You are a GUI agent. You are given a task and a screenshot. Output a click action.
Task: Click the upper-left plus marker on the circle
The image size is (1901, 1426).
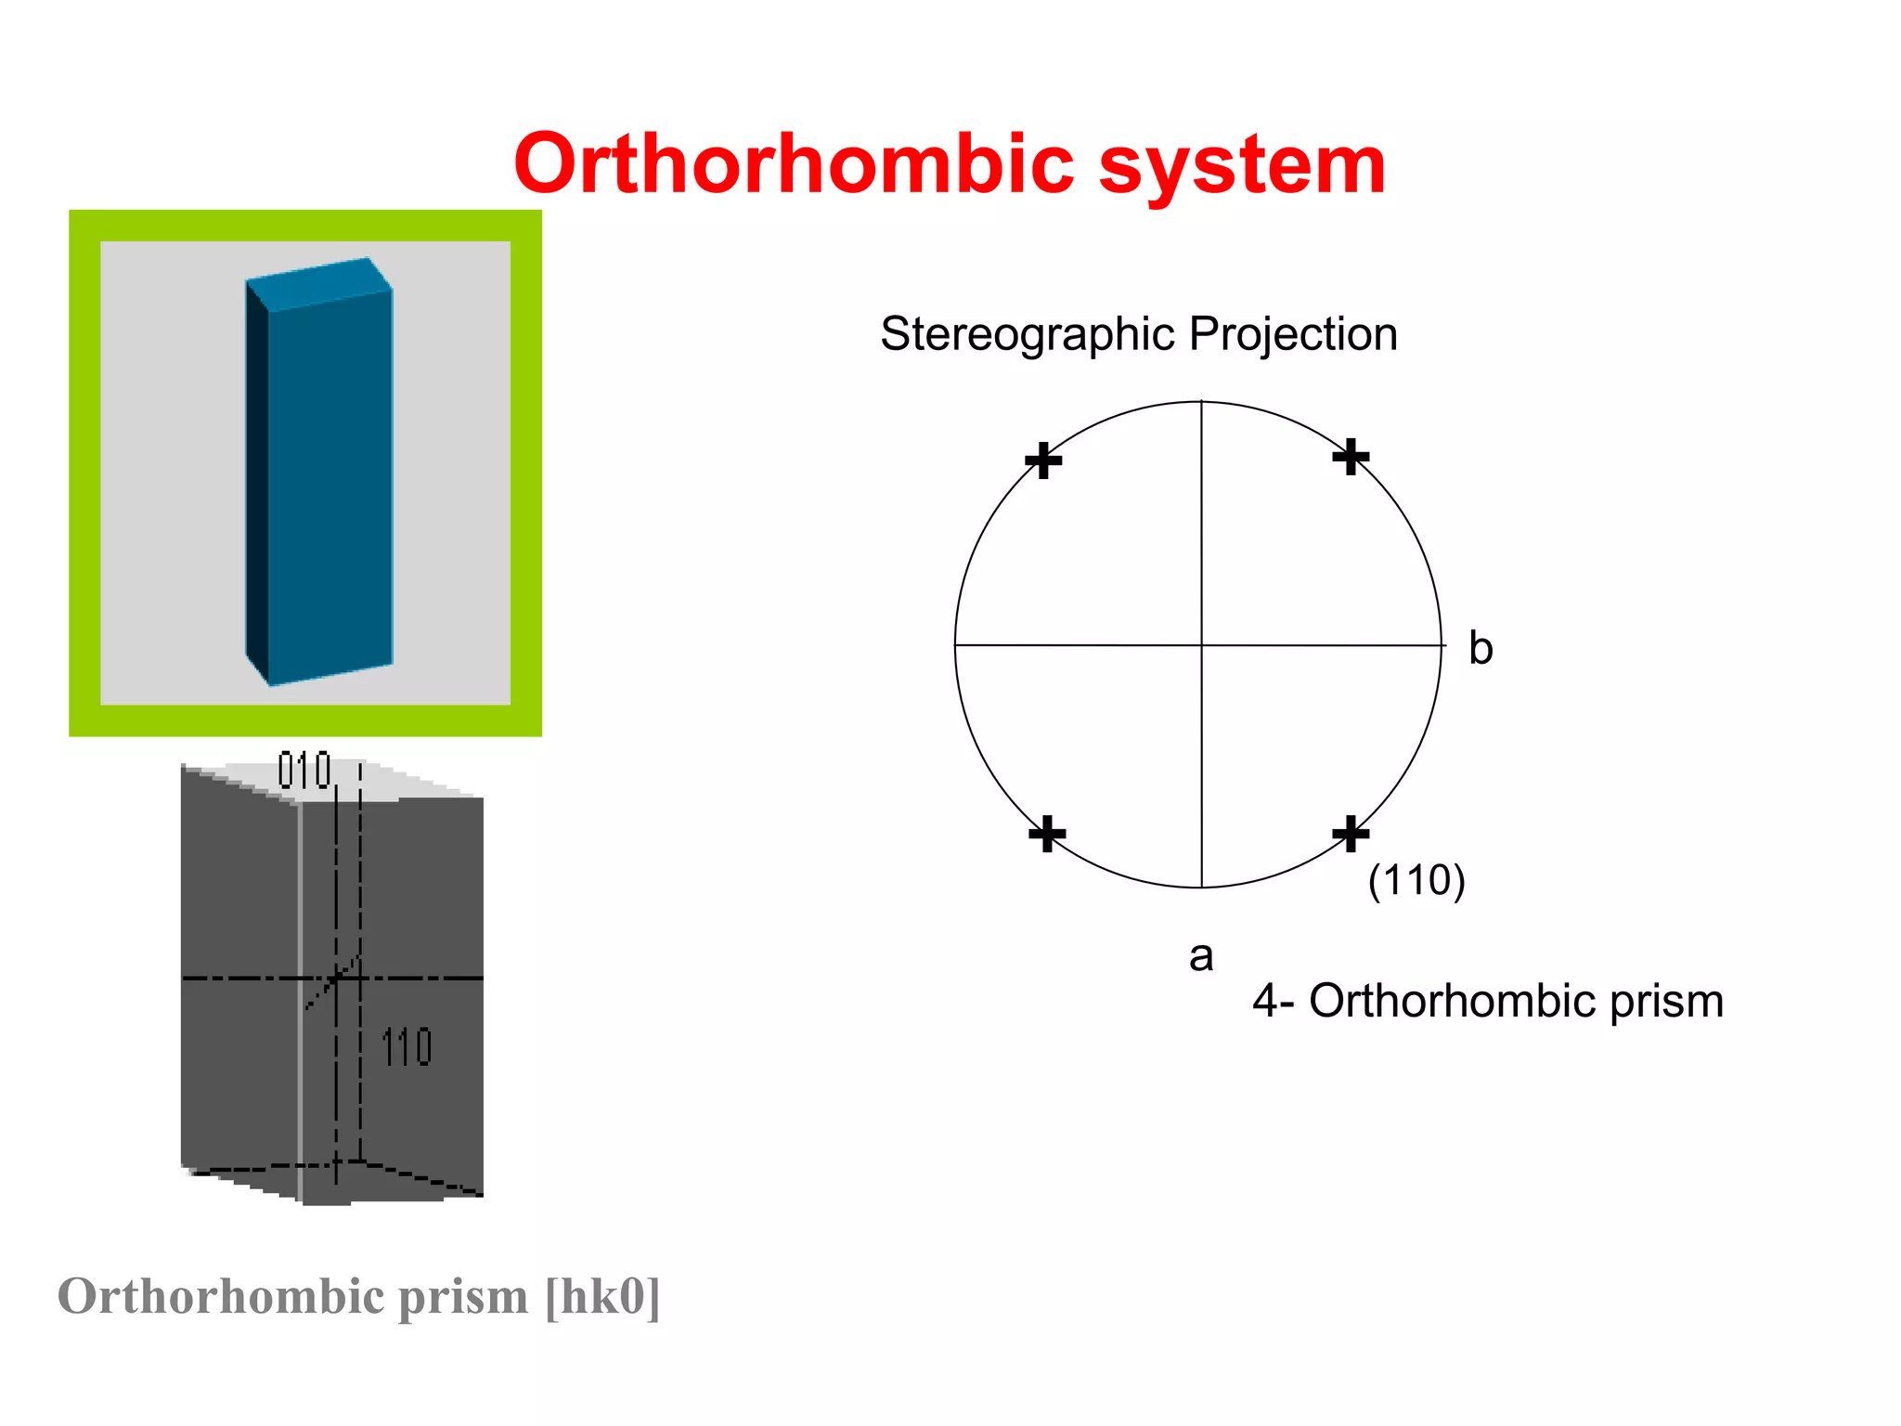tap(1043, 460)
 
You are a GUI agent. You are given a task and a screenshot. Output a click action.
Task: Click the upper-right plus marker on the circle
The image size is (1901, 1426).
tap(1351, 457)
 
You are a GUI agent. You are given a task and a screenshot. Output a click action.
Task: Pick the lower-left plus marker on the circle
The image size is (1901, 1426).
tap(1047, 834)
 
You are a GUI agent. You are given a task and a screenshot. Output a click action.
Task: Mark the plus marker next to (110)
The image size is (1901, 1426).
tap(1351, 834)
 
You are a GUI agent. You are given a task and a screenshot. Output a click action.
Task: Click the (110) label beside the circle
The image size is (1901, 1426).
tap(1416, 880)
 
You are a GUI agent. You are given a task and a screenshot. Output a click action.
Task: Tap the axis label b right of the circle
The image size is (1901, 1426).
tap(1481, 648)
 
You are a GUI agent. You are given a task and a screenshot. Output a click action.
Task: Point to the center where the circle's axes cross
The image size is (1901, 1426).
tap(1202, 644)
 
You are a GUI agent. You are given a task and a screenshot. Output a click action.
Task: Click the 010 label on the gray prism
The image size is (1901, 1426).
tap(304, 771)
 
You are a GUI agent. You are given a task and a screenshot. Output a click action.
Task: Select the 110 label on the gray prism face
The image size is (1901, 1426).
tap(407, 1047)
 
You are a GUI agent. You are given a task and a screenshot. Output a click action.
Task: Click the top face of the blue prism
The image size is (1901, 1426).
tap(318, 282)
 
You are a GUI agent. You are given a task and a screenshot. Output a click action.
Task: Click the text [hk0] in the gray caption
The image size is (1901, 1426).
tap(602, 1296)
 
